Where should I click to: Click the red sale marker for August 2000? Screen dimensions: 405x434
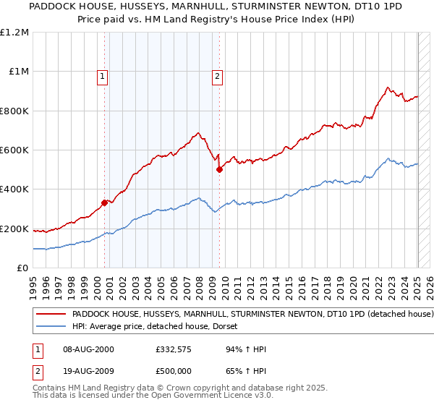click(104, 202)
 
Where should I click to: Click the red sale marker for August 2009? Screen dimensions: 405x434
click(219, 170)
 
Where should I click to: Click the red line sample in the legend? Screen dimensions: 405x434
click(51, 315)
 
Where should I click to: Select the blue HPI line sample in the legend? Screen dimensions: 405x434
click(51, 327)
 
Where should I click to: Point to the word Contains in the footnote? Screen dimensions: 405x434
click(51, 388)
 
